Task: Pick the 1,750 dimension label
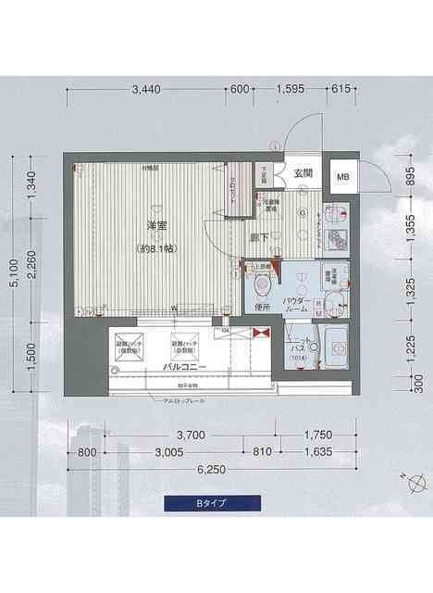click(x=317, y=435)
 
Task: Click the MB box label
click(x=342, y=177)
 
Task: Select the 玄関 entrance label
click(x=303, y=173)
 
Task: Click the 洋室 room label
click(x=156, y=227)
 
